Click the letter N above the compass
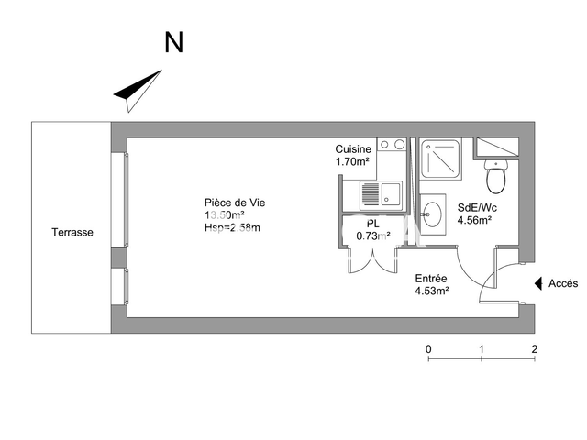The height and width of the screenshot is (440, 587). coord(173,42)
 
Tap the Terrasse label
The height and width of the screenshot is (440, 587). coord(72,233)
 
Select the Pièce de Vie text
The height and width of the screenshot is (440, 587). coord(235,203)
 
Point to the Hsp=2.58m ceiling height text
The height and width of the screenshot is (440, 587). coord(232,227)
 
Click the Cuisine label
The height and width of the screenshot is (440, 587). coord(353,149)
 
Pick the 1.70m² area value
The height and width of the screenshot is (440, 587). coord(352,162)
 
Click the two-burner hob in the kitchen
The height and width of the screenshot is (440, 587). coord(393,145)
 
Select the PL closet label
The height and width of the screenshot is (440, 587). coord(372,224)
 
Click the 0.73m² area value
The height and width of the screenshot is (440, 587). coord(372,236)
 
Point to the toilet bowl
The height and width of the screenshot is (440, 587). coord(496,176)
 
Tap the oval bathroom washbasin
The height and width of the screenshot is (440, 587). coord(431,214)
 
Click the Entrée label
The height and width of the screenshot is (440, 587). coord(431,279)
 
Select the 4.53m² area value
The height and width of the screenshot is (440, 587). coord(431,291)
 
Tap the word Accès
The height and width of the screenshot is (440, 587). coord(563,284)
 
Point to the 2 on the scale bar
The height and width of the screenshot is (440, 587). coord(534,349)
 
